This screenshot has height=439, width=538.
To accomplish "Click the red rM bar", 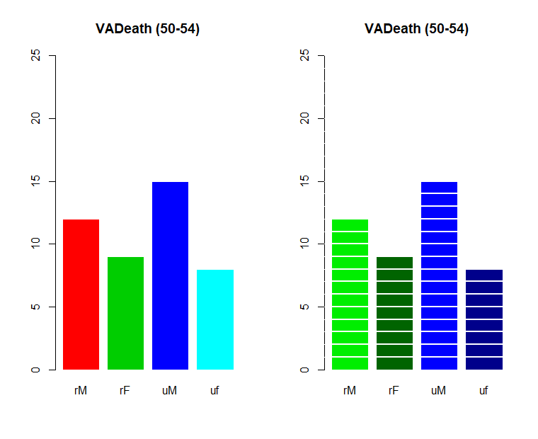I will point(81,294).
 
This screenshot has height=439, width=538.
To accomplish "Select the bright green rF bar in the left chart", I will point(125,313).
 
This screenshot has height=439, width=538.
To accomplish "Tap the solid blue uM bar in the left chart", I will point(170,275).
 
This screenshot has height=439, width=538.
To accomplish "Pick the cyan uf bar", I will point(214,319).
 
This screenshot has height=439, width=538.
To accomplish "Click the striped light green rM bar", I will point(350,294).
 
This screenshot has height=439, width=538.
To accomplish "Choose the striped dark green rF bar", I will point(394,313).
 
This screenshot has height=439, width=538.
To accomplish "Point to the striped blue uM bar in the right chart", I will point(439,275).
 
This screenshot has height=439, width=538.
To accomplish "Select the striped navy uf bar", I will point(483,319).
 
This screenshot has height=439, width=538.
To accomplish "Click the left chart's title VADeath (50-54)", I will point(147,29).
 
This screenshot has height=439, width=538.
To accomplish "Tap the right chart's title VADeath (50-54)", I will point(416,29).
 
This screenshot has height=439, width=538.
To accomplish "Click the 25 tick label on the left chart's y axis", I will point(35,55).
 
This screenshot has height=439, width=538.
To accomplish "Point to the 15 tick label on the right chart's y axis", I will point(304,181).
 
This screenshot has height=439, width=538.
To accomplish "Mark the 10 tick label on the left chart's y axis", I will point(35,244).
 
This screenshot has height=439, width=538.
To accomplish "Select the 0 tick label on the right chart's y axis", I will point(304,370).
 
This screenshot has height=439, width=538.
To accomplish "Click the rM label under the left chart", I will point(81,390).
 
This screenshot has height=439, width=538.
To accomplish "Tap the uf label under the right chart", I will point(483,390).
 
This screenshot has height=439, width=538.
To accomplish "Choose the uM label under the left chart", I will point(170,390).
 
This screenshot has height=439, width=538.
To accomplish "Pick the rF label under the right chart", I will point(394,390).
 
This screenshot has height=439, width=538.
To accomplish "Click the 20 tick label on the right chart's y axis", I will point(304,118).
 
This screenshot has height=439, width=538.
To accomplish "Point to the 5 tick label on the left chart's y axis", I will point(35,307).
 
